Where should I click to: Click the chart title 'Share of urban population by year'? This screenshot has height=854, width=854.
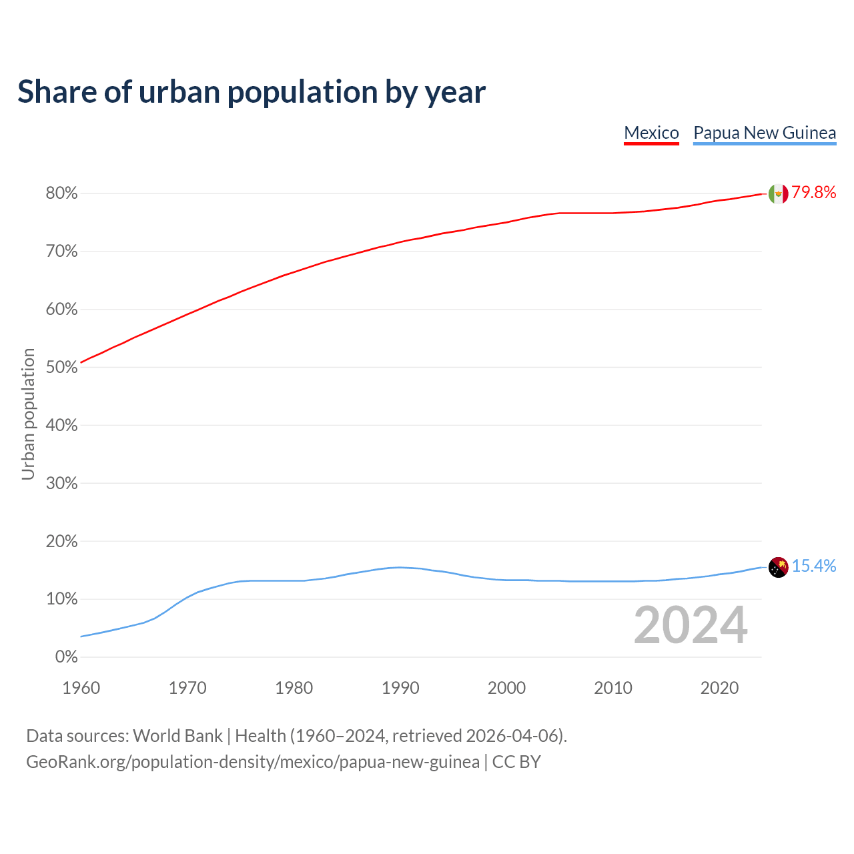[x=252, y=92]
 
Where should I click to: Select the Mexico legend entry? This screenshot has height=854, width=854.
[x=651, y=133]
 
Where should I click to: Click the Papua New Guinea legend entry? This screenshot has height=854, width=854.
[x=765, y=133]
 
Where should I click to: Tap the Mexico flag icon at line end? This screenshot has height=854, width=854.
[x=778, y=193]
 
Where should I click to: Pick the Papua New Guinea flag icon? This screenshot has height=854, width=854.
[x=778, y=567]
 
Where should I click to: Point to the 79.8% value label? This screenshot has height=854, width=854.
[x=814, y=193]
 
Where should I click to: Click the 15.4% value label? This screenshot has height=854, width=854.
[x=814, y=566]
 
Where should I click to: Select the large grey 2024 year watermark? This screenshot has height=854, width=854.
[x=691, y=625]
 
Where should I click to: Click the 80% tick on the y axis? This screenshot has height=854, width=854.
[x=61, y=193]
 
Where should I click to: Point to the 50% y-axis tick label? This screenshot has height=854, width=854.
[x=61, y=368]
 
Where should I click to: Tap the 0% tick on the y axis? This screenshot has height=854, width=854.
[x=66, y=657]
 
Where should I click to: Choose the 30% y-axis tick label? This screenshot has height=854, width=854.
[x=61, y=483]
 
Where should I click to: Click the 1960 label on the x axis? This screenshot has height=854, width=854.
[x=81, y=688]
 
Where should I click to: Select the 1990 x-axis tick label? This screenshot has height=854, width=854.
[x=400, y=688]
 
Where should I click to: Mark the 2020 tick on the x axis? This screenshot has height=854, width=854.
[x=719, y=688]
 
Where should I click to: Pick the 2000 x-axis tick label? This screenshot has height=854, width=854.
[x=506, y=688]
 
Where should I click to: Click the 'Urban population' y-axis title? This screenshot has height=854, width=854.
[x=28, y=414]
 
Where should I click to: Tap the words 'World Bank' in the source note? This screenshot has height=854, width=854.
[x=177, y=736]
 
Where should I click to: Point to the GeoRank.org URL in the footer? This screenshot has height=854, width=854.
[x=252, y=762]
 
